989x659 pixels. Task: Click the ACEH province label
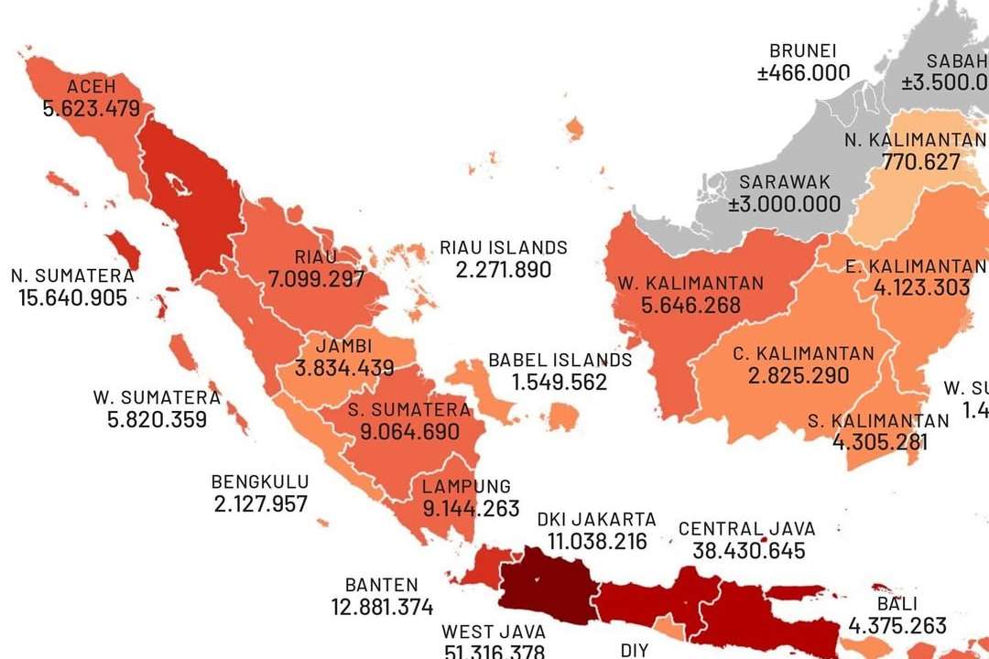[x=92, y=87]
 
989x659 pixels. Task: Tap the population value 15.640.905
[x=72, y=297]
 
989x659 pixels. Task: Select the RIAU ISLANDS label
[x=504, y=247]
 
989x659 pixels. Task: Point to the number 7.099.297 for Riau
[x=317, y=279]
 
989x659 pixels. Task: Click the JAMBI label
[x=343, y=347]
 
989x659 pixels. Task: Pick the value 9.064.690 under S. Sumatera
[x=410, y=432]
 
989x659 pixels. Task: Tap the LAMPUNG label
[x=466, y=486]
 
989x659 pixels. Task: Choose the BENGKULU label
[x=260, y=481]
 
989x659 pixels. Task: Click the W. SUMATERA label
[x=157, y=397]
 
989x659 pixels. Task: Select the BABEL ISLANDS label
[x=560, y=360]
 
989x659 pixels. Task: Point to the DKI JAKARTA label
[x=597, y=518]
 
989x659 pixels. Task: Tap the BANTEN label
[x=382, y=585]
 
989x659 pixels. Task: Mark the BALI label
[x=897, y=604]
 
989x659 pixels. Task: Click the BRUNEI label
[x=803, y=51]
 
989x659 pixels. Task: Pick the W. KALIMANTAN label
[x=703, y=283]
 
